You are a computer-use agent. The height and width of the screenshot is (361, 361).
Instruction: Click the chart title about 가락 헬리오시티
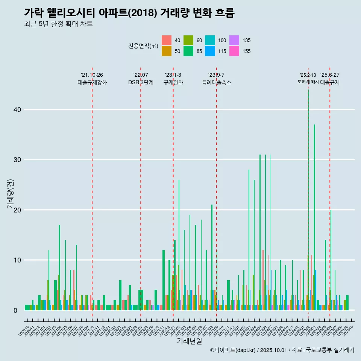coord(129,13)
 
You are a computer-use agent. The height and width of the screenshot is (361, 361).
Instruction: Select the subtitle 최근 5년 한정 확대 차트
coord(58,24)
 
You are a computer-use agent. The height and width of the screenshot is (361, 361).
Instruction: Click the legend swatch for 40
coord(167,40)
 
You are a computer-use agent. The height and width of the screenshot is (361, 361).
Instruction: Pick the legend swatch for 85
coord(188,51)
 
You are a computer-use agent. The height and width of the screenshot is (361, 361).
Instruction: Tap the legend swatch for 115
coord(210,51)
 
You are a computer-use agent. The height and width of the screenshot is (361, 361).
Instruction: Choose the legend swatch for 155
coord(234,51)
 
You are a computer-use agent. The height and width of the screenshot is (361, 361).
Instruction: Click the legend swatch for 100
coord(210,40)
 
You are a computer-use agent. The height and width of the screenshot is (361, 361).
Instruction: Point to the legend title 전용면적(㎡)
coord(143,46)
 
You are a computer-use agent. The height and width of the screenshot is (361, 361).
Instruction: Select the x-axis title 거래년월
coord(189,341)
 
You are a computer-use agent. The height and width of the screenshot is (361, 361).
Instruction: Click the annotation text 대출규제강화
coord(92,82)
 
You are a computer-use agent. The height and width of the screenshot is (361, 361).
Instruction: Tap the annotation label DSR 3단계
coord(141,82)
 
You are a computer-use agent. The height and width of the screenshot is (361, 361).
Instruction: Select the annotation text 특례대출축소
coord(217,82)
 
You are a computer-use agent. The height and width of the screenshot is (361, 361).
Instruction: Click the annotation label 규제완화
coord(173,82)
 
